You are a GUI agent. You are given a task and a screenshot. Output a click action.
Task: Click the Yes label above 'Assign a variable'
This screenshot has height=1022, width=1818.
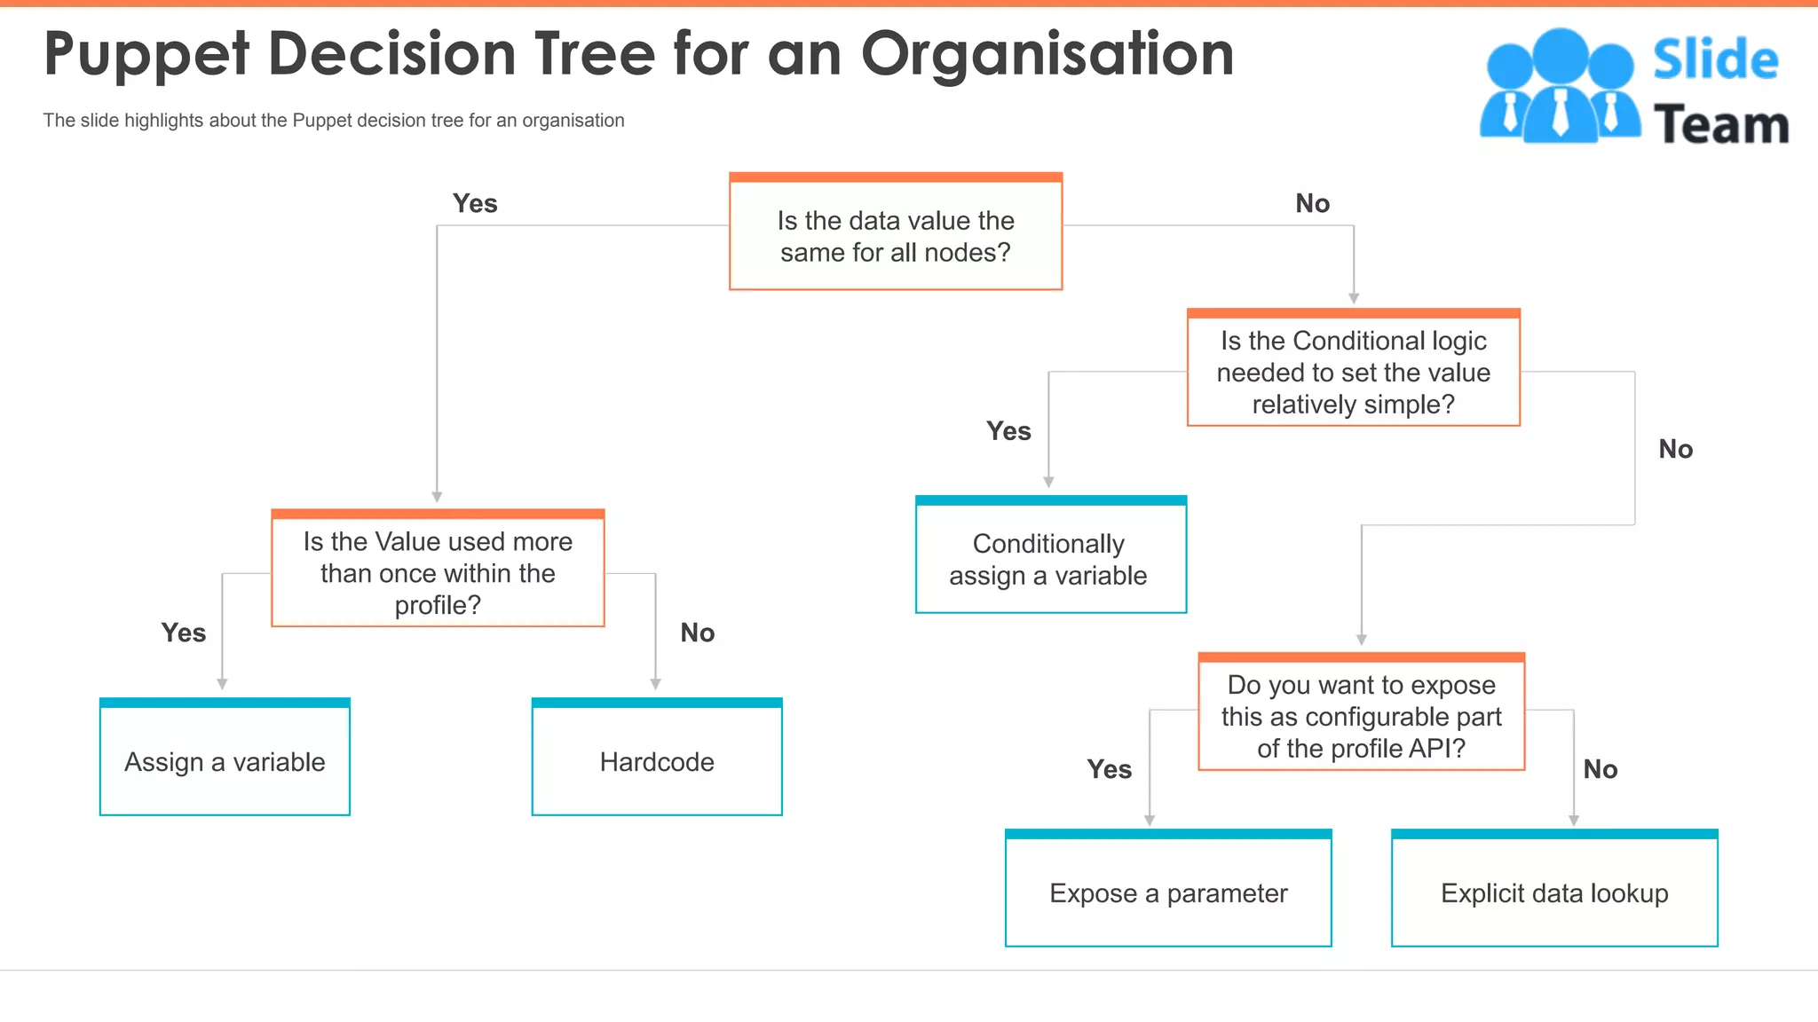tap(184, 633)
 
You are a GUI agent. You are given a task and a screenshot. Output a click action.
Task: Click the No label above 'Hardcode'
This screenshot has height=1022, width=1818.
tap(698, 633)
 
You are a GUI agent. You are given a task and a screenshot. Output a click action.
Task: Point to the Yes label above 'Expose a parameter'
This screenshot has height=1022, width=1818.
tap(1110, 769)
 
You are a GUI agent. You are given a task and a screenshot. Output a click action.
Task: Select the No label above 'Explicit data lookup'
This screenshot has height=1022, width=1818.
tap(1601, 769)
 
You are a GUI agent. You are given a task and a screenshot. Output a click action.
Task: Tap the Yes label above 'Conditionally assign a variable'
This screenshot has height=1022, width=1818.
tap(1009, 431)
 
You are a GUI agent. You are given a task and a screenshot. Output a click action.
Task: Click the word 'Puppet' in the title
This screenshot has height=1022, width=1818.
tap(146, 55)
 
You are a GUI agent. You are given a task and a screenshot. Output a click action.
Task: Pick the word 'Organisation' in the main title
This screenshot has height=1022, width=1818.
tap(1047, 55)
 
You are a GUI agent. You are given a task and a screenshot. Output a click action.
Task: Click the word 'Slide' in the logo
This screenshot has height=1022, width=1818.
tap(1715, 60)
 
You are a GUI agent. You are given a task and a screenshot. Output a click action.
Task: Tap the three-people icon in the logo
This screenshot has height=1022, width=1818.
tap(1559, 85)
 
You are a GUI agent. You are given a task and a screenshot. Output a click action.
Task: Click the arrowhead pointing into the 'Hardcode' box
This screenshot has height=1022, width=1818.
tap(655, 684)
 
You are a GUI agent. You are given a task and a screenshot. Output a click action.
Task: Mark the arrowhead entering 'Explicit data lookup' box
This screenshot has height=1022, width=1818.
tap(1574, 821)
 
